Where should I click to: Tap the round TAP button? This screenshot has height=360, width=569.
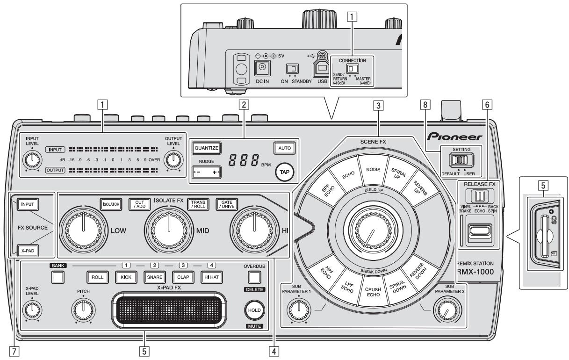285,171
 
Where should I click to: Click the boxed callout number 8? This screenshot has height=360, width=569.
425,106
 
